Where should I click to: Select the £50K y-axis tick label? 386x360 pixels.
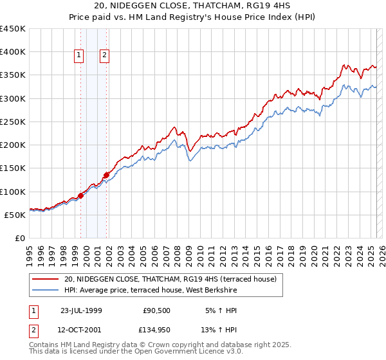[x=15, y=215]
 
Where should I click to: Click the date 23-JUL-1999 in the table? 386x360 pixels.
[x=81, y=310]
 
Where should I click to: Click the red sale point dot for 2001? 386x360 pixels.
[x=106, y=175]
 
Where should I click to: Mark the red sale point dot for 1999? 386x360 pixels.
[x=81, y=195]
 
